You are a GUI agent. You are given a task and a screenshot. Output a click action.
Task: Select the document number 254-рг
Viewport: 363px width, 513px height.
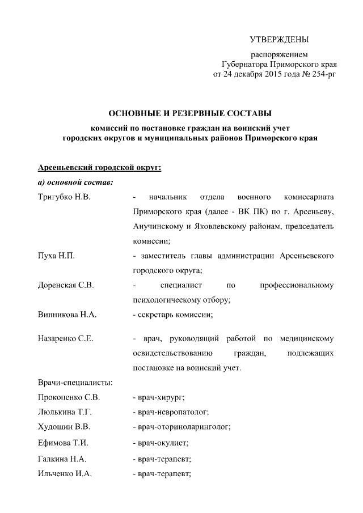(x=321, y=74)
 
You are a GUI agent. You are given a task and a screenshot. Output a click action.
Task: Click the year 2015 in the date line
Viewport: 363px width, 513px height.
(x=274, y=74)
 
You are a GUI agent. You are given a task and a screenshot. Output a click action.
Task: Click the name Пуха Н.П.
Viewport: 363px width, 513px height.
(x=56, y=256)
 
